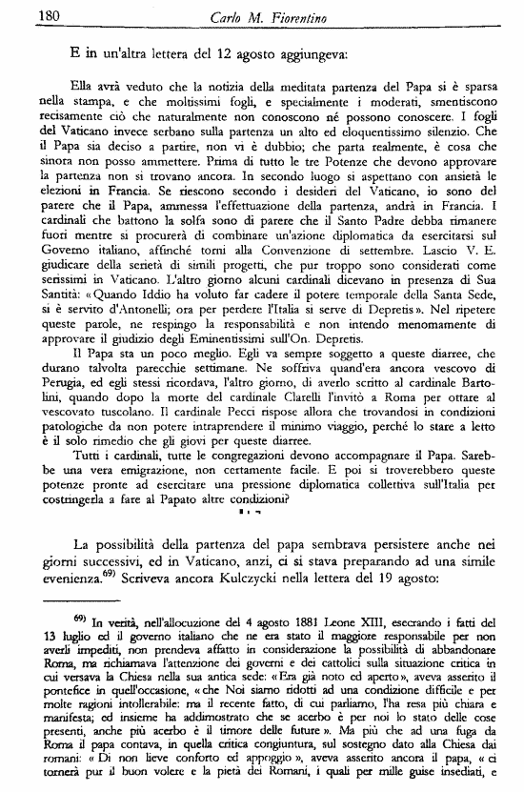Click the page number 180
pos(21,13)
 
